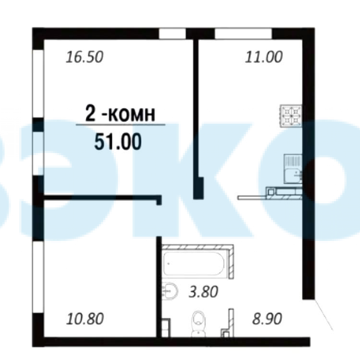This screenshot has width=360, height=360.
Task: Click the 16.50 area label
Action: (84, 57)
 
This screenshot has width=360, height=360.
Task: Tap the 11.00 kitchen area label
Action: (264, 57)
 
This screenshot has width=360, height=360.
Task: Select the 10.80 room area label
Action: (85, 319)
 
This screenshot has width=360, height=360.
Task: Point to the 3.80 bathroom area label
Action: (203, 292)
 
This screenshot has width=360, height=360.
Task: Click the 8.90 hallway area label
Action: (267, 319)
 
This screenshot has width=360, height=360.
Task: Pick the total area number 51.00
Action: (118, 142)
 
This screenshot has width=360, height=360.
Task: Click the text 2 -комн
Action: (120, 113)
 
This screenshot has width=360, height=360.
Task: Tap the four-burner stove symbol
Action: (291, 116)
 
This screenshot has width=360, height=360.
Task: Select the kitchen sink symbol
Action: (293, 169)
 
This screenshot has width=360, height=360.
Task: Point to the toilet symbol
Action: (199, 324)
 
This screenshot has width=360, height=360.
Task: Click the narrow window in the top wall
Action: (172, 34)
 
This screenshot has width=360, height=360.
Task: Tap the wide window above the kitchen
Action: (243, 34)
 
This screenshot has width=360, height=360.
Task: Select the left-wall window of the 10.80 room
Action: (38, 277)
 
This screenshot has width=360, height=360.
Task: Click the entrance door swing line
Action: (323, 314)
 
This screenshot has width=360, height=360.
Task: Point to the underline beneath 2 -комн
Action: (120, 125)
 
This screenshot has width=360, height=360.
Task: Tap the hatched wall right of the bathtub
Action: (231, 262)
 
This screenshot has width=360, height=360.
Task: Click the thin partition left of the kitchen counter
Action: (252, 197)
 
